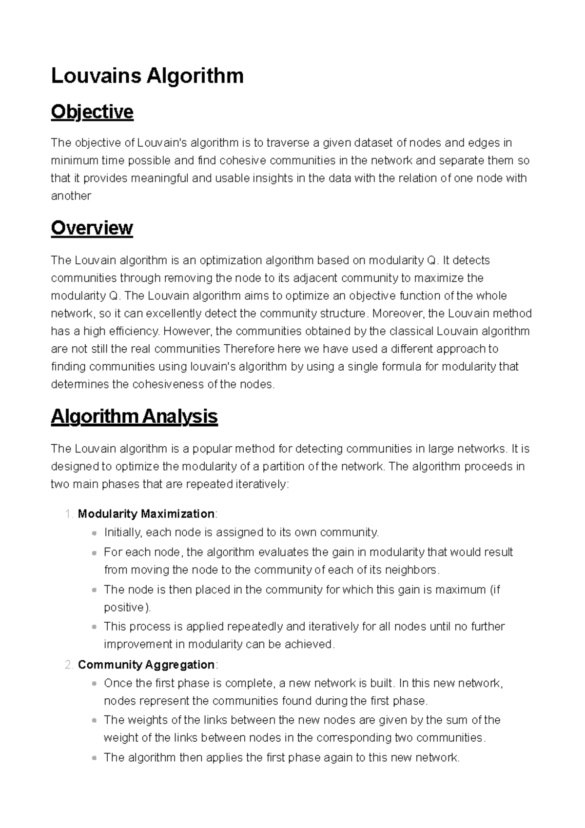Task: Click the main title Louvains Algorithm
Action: click(x=147, y=76)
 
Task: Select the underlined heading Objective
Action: click(x=92, y=112)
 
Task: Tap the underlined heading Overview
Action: click(x=92, y=228)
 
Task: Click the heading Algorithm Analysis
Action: click(x=134, y=416)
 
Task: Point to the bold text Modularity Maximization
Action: click(x=146, y=513)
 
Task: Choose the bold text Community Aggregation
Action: click(x=146, y=665)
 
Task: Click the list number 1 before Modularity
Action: click(x=68, y=514)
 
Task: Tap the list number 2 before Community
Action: click(x=68, y=665)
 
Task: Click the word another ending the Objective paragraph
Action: click(x=71, y=196)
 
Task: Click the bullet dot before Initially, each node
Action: click(x=94, y=533)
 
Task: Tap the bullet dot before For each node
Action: click(x=94, y=553)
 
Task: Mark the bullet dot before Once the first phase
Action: click(x=94, y=684)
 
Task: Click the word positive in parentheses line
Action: click(x=125, y=608)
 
